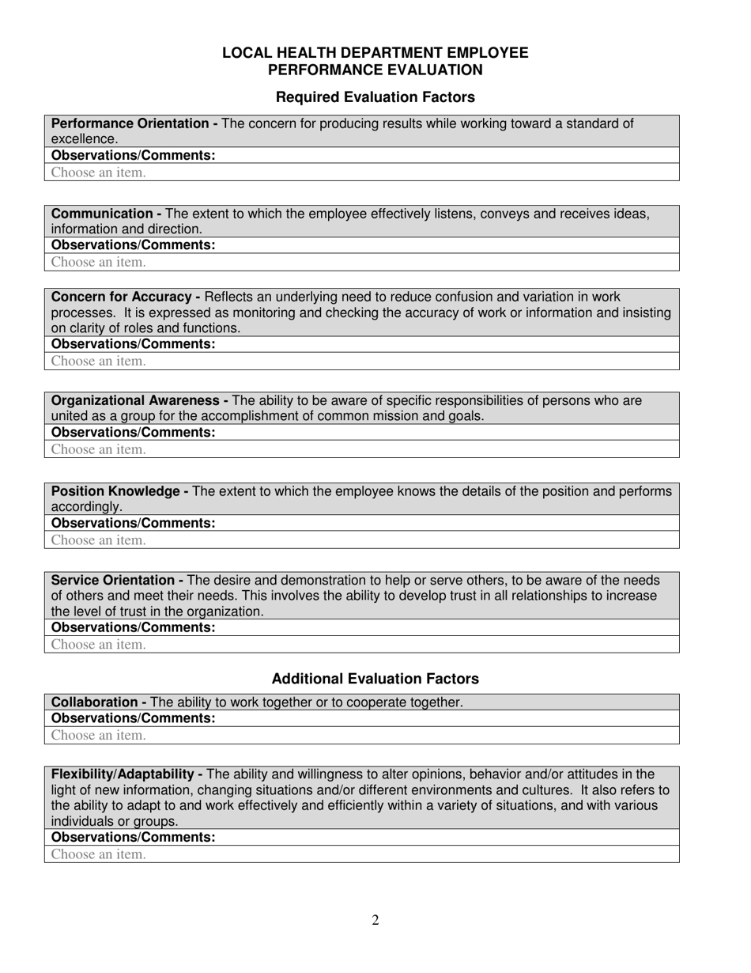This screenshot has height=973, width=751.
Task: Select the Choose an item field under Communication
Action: (99, 262)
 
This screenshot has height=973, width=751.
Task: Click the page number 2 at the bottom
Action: (375, 920)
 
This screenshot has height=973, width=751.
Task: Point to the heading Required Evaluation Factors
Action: (375, 97)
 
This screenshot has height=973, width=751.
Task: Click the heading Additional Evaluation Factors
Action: (375, 679)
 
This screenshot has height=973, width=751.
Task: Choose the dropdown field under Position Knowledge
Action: (99, 540)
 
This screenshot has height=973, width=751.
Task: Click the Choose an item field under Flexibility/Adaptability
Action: (99, 854)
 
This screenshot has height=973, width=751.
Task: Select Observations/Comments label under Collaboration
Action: (133, 718)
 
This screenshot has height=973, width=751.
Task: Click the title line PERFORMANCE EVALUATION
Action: (375, 70)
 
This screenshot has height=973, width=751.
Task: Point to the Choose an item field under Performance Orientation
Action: (99, 172)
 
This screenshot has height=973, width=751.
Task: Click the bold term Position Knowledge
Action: (115, 491)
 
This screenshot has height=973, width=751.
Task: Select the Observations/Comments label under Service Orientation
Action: (133, 627)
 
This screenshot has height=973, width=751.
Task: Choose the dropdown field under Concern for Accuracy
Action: (99, 362)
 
